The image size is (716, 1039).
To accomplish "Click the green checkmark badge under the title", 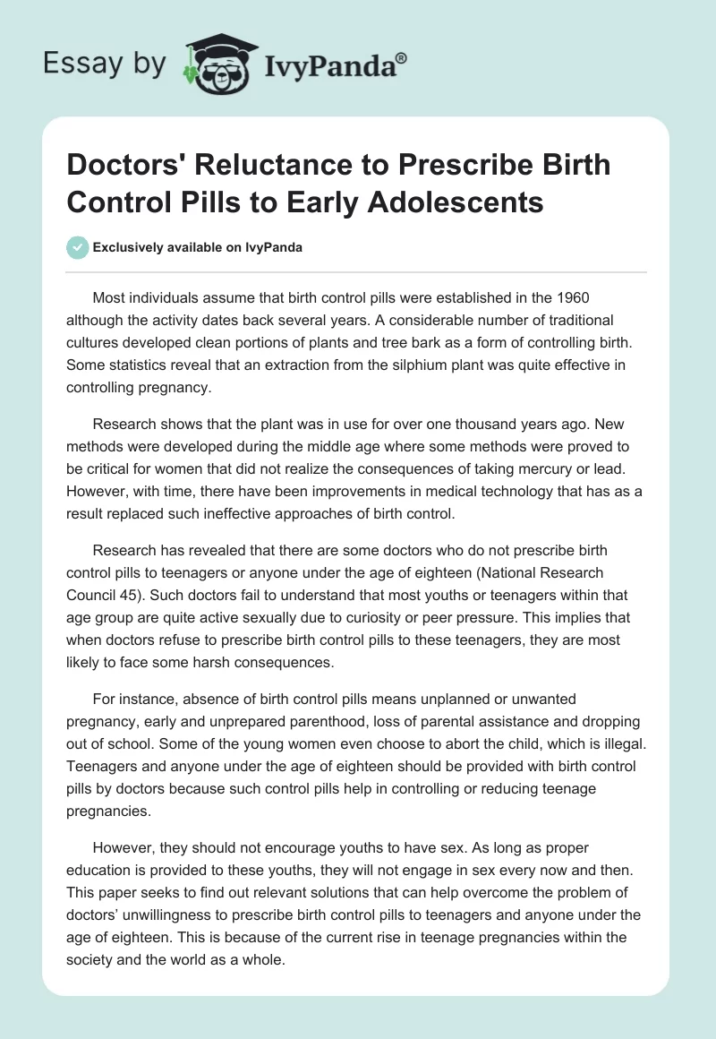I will [x=78, y=247].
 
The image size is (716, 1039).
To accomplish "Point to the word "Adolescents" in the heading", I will [x=464, y=202].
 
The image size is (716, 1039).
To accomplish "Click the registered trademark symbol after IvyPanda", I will [x=402, y=56].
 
